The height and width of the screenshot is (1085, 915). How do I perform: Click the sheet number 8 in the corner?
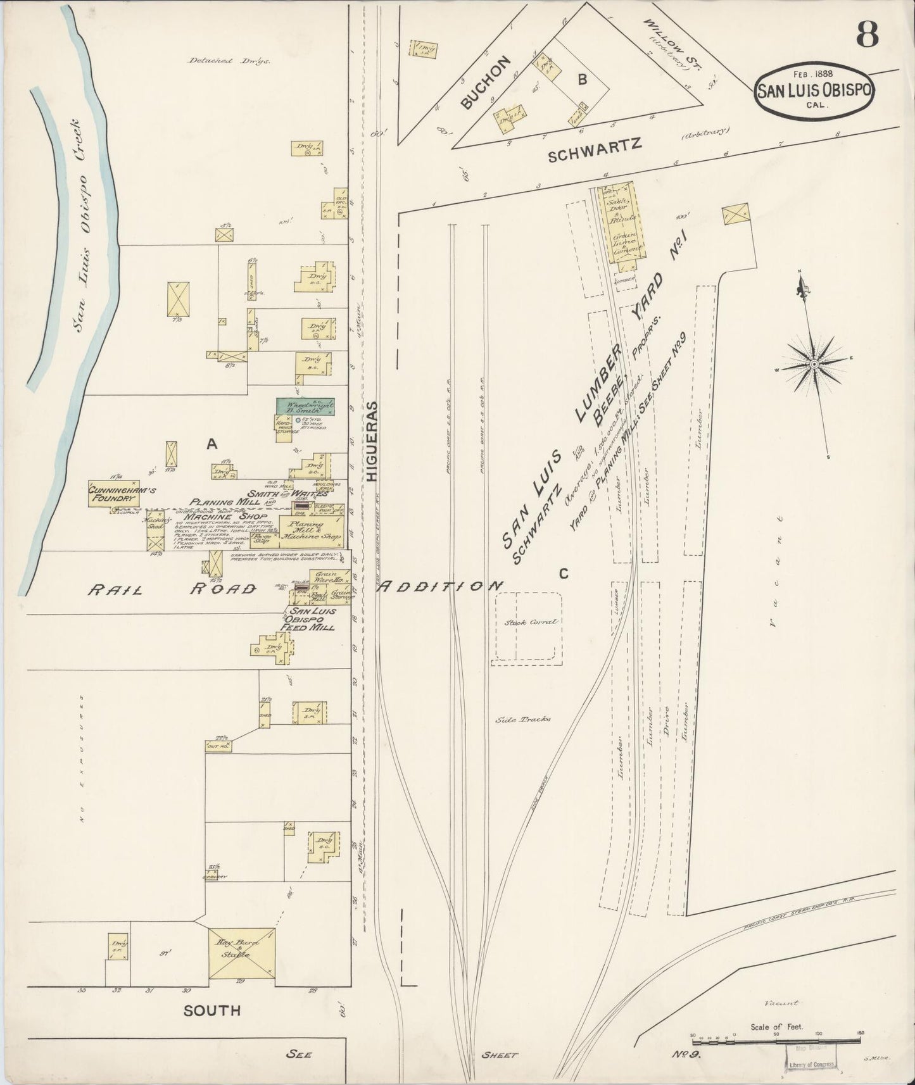(867, 35)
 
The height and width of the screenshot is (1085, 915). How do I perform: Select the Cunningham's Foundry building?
(113, 494)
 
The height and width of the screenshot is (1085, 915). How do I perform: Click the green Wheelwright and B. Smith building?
(305, 406)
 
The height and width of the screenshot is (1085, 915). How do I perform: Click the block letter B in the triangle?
(581, 79)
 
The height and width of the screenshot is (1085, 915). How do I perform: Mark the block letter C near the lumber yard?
(562, 574)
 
